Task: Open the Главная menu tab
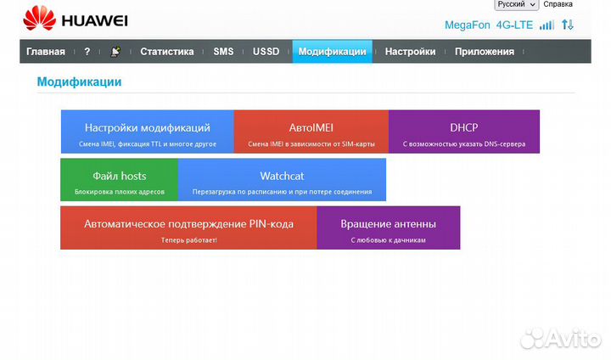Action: coord(46,52)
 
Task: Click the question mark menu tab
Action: coord(87,52)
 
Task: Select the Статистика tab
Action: coord(166,52)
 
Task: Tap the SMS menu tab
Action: coord(223,52)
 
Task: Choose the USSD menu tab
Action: coord(266,52)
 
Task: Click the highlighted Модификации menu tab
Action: coord(332,52)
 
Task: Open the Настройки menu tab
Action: coord(410,52)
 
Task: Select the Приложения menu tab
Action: coord(484,52)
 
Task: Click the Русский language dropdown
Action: coord(516,5)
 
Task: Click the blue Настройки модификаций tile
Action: coord(147,132)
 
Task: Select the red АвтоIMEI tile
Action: coord(311,132)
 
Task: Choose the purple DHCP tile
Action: coord(463,132)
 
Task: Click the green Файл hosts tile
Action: coord(119,180)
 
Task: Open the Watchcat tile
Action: coord(282,180)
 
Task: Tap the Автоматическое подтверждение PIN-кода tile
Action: coord(188,228)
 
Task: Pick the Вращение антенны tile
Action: coord(388,228)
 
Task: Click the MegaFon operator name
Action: coord(467,25)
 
